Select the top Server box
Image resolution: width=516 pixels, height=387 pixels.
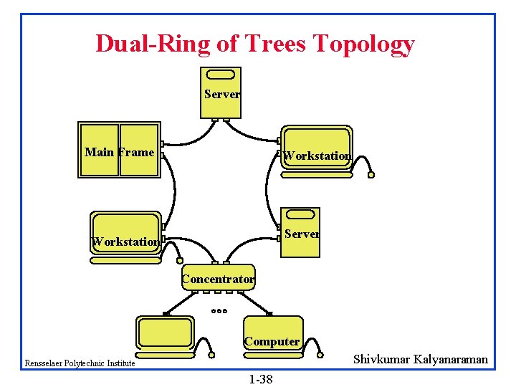221,92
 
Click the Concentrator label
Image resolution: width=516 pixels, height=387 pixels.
218,279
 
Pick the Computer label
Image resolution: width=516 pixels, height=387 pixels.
272,341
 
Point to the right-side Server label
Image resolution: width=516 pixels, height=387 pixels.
302,234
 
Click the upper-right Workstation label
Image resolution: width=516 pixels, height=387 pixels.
317,156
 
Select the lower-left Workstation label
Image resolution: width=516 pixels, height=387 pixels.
125,242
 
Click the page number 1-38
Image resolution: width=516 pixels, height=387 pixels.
260,378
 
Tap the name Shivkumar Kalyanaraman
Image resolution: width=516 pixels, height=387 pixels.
420,359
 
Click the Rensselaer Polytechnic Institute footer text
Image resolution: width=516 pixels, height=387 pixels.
80,363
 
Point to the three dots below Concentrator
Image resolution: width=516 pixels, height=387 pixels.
219,311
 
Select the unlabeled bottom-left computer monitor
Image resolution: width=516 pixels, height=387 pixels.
166,333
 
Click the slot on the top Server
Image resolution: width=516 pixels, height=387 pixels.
221,75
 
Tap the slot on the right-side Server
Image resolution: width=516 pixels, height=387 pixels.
302,214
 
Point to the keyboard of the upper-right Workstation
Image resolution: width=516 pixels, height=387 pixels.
317,174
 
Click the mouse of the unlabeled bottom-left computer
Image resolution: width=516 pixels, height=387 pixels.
213,354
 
